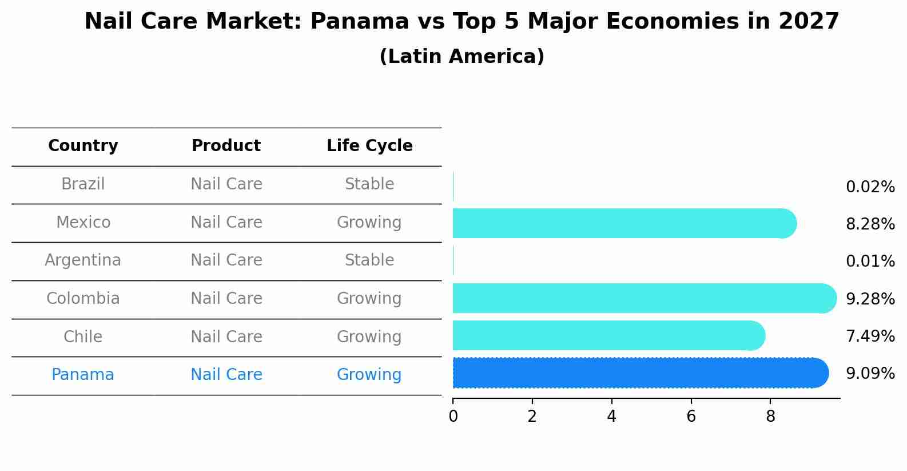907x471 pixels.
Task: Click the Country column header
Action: pyautogui.click(x=83, y=146)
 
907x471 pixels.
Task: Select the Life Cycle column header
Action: pyautogui.click(x=369, y=146)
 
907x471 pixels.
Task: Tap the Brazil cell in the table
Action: pyautogui.click(x=83, y=184)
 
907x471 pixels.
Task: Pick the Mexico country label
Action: pyautogui.click(x=83, y=223)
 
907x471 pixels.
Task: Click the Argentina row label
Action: pyautogui.click(x=83, y=260)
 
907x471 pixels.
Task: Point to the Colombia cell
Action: pyautogui.click(x=83, y=299)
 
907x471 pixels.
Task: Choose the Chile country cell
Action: pyautogui.click(x=83, y=337)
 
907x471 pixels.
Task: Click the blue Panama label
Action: pyautogui.click(x=83, y=375)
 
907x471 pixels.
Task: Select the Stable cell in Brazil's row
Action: pyautogui.click(x=369, y=184)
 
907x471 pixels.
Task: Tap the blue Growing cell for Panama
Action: pyautogui.click(x=369, y=375)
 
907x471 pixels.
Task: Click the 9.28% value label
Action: pyautogui.click(x=870, y=299)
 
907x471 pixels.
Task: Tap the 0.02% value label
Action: pyautogui.click(x=870, y=187)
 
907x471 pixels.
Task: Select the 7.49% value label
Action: pyautogui.click(x=870, y=337)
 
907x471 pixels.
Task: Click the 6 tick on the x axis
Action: pyautogui.click(x=691, y=417)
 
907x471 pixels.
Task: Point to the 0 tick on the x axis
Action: pyautogui.click(x=453, y=417)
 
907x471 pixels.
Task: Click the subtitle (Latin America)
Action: pyautogui.click(x=462, y=57)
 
